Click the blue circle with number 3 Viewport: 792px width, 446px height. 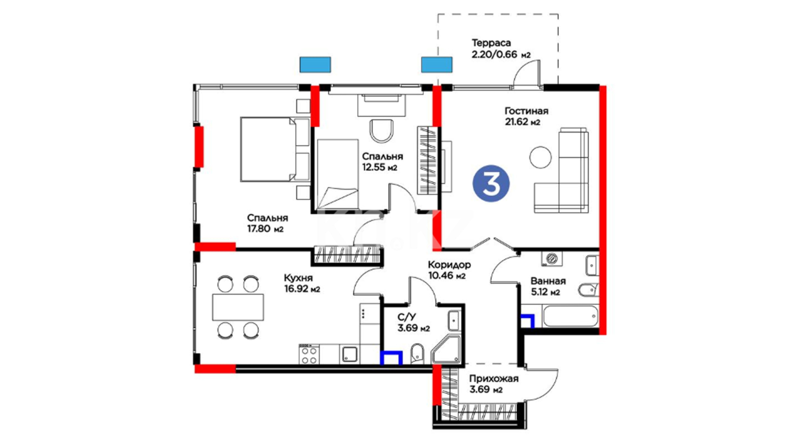click(x=491, y=183)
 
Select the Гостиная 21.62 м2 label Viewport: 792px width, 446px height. click(x=526, y=116)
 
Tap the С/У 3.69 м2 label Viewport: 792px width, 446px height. click(x=413, y=323)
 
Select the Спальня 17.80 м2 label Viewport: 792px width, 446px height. click(x=267, y=223)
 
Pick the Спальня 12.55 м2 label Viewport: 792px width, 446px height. click(x=382, y=162)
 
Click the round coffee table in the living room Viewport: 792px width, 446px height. click(x=540, y=157)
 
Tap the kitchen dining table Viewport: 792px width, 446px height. click(x=238, y=307)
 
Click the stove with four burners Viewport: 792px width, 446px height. click(x=309, y=355)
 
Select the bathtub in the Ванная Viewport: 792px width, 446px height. click(x=570, y=316)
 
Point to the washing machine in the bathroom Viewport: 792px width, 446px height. click(x=552, y=259)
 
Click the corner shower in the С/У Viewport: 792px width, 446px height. click(x=447, y=350)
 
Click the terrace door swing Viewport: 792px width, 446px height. click(x=527, y=74)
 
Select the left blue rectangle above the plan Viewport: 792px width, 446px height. click(x=315, y=64)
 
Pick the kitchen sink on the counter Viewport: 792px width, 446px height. click(x=350, y=354)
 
